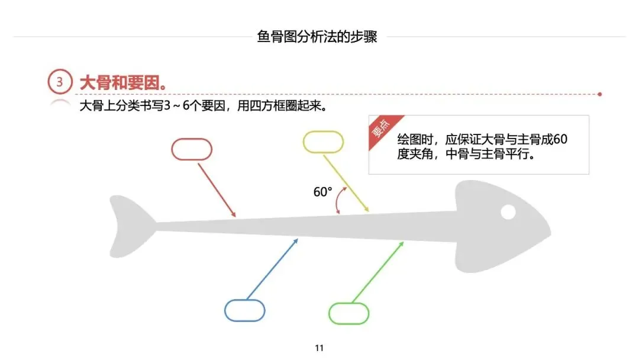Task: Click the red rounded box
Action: click(x=192, y=149)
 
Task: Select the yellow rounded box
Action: click(x=323, y=142)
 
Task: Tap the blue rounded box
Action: click(x=245, y=310)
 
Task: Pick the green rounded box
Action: click(x=348, y=313)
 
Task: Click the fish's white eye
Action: click(x=508, y=211)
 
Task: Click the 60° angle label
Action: click(x=322, y=192)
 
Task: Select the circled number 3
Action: click(x=60, y=82)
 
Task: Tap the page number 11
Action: click(x=319, y=348)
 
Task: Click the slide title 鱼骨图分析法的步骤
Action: click(x=317, y=37)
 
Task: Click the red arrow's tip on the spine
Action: click(x=235, y=216)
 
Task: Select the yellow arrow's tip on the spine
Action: click(x=368, y=211)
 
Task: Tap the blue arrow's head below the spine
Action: click(x=298, y=239)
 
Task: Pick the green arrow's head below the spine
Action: click(x=402, y=242)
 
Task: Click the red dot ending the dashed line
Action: click(x=600, y=94)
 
